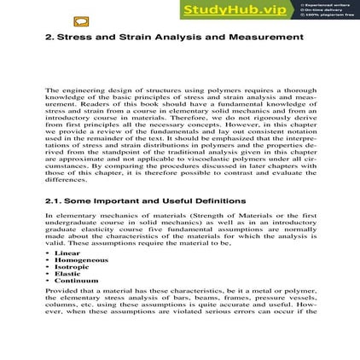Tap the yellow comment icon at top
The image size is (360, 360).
pos(81,21)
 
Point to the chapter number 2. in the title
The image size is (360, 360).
pos(49,38)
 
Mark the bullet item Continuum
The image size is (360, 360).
pos(76,281)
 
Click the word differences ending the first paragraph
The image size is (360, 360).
pos(66,180)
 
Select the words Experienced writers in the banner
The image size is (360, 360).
pos(323,4)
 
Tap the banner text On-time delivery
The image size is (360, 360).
pos(322,9)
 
